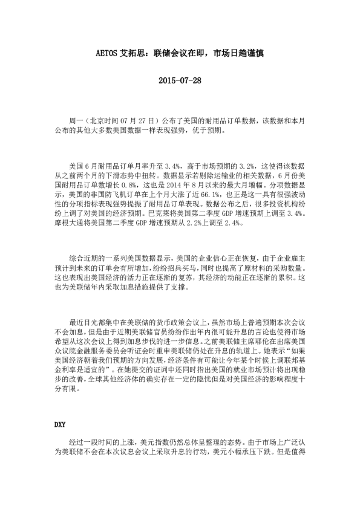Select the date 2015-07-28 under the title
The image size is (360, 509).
[179, 80]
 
